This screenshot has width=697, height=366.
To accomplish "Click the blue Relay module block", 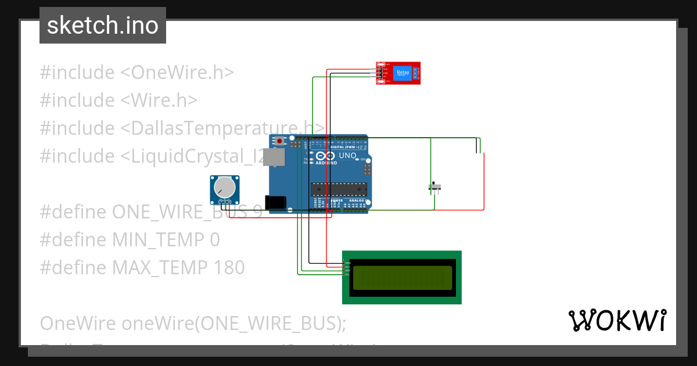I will coord(402,73).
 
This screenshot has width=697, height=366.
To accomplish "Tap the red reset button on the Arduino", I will coord(280,141).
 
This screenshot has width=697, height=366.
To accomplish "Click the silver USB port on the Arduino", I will coord(278,157).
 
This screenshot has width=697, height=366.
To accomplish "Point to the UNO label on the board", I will coord(347,156).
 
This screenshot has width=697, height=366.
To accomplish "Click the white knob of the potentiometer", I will coord(224,187).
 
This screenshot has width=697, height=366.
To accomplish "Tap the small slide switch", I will coord(435,187).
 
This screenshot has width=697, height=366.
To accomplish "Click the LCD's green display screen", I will coord(402,278).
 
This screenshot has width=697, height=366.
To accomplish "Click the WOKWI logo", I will coord(617,321).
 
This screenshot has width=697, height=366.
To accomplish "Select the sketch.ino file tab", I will coord(103,26).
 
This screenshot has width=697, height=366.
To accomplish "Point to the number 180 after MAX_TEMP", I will coord(229,268).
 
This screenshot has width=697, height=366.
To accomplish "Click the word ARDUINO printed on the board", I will coord(326,163).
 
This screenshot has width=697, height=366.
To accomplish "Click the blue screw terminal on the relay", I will coord(416,73).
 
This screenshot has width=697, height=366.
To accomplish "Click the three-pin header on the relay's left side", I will coord(378,73).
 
